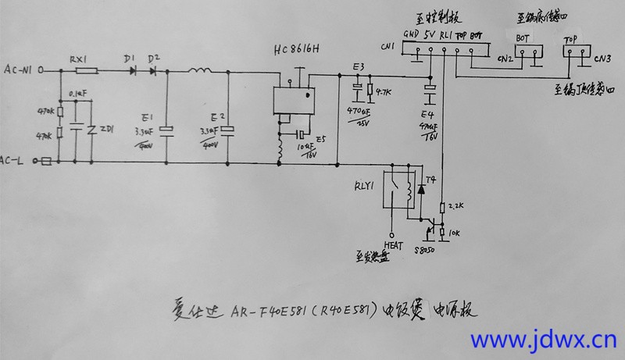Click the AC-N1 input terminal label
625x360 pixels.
[19, 70]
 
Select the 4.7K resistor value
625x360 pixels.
[383, 93]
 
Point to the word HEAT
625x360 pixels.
[392, 244]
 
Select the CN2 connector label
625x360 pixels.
[505, 58]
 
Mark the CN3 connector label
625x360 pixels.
[602, 57]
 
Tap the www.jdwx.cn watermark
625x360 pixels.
[542, 340]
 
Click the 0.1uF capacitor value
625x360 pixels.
[78, 94]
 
